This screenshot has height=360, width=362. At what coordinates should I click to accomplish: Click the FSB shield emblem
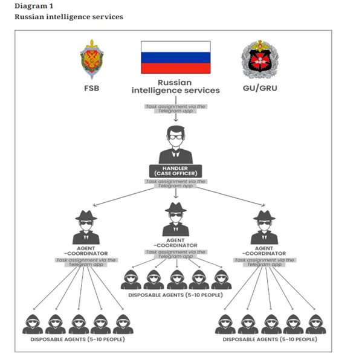92,59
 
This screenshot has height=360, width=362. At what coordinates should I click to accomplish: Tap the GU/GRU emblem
260,59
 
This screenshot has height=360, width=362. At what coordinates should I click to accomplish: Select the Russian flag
176,57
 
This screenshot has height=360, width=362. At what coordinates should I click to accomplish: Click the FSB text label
92,88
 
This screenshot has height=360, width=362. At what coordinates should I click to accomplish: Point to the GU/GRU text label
260,88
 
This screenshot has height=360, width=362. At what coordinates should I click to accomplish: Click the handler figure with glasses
176,144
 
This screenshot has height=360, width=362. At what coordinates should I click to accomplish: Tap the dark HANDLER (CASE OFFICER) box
176,171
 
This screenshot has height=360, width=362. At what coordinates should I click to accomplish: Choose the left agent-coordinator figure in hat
86,227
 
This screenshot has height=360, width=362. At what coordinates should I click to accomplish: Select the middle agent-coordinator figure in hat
176,219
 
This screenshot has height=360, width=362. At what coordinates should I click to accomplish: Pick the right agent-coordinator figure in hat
264,227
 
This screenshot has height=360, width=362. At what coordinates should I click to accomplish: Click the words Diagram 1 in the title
34,6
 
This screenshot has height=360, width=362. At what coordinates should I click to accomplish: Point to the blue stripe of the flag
176,57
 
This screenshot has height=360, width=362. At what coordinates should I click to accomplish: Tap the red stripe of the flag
176,68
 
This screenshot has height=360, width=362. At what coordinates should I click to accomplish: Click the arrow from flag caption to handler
176,109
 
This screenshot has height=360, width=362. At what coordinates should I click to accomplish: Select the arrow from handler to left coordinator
124,197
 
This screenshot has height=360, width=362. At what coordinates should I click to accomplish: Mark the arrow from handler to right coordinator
230,196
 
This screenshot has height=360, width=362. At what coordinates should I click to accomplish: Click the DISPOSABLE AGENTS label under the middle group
175,295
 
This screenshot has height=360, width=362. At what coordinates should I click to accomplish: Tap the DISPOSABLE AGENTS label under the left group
77,339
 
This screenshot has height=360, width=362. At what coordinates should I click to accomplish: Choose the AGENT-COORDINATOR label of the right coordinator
264,251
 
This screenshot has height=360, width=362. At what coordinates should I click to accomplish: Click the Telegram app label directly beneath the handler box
176,184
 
